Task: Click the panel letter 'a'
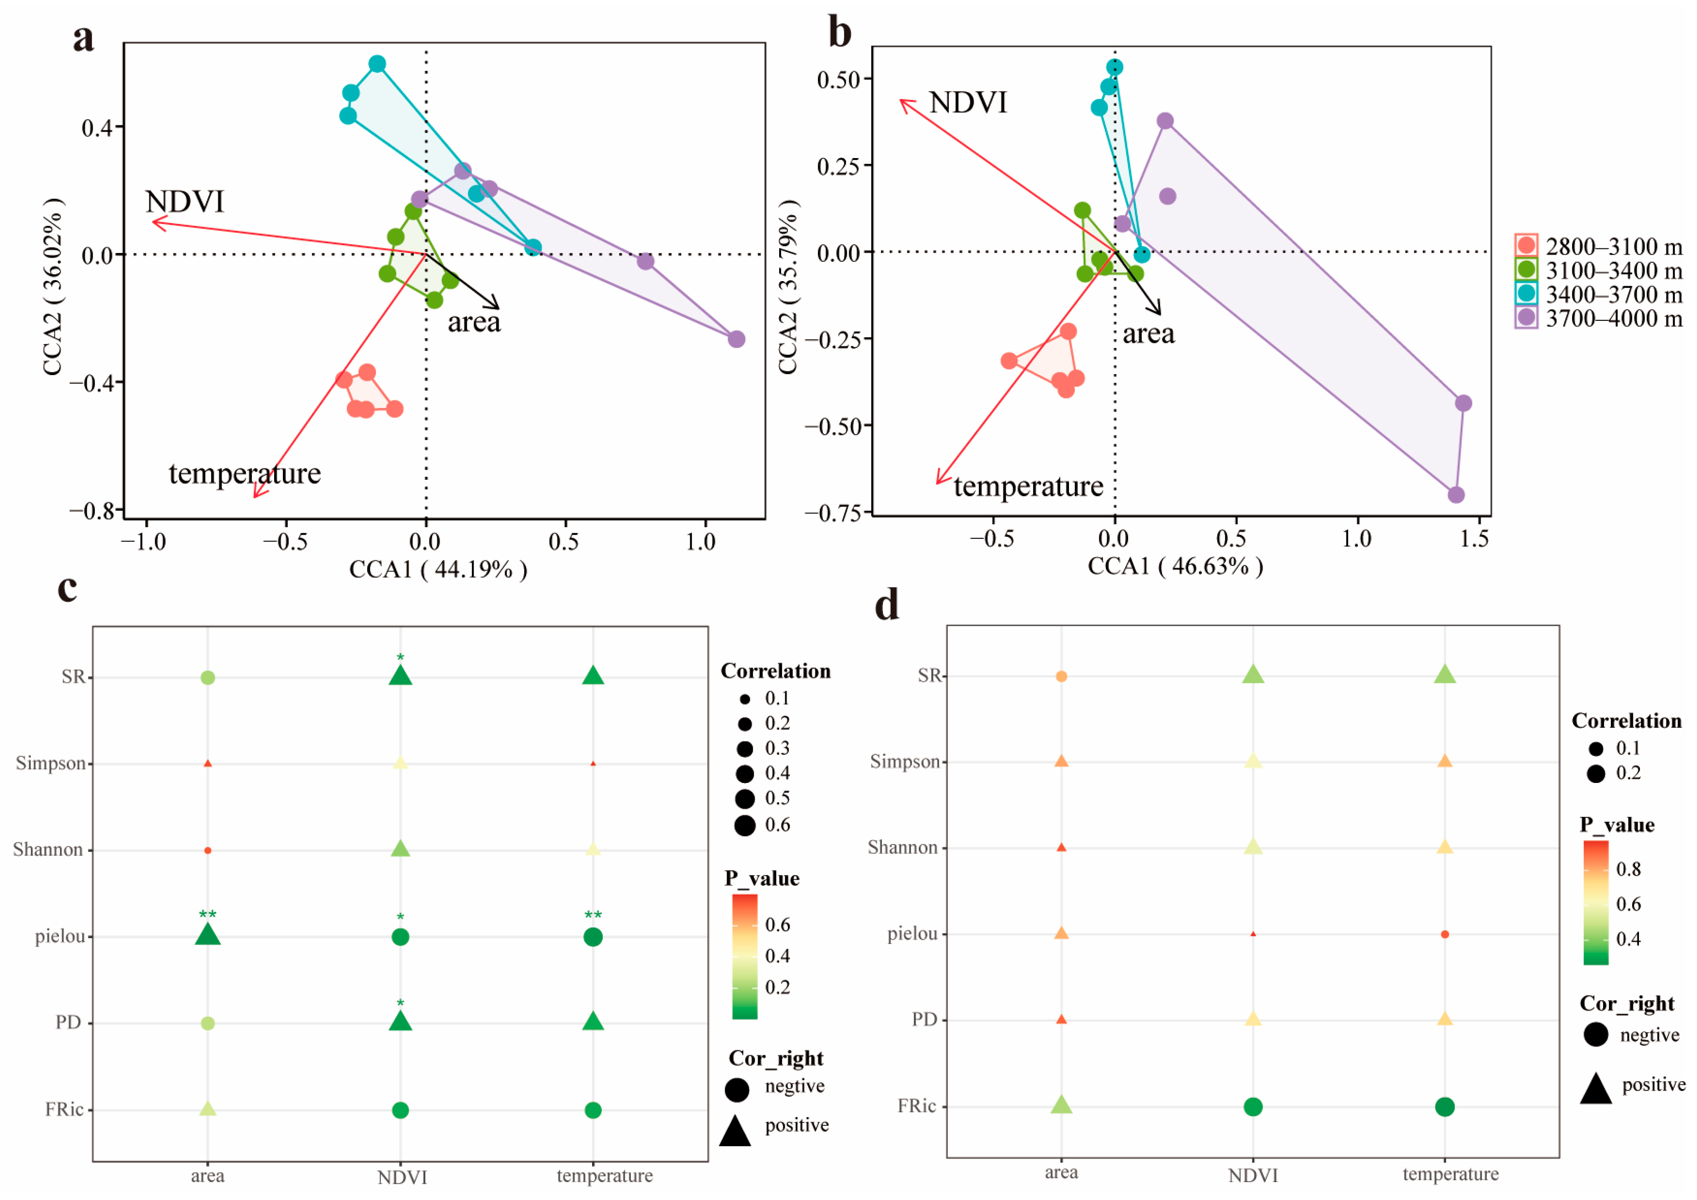(x=83, y=38)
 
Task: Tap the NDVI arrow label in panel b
(x=968, y=103)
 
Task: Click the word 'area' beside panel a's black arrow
(x=474, y=323)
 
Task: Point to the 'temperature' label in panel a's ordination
(x=245, y=473)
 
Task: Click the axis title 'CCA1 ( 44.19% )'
(x=438, y=569)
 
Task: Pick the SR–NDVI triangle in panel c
(x=400, y=676)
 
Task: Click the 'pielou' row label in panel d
(x=912, y=934)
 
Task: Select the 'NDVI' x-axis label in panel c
(x=401, y=1177)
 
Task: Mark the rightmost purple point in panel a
(x=736, y=339)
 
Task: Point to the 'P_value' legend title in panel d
(x=1616, y=824)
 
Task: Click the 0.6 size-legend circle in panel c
(x=744, y=826)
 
